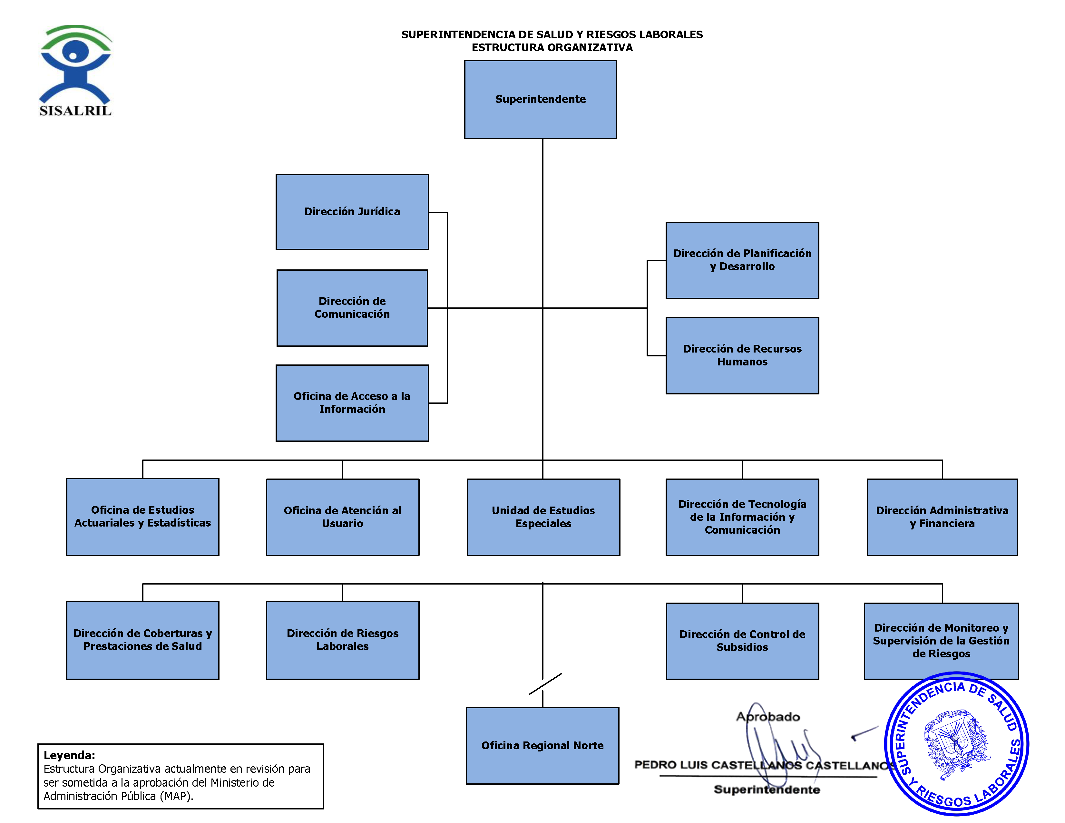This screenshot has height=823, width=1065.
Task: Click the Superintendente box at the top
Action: [540, 100]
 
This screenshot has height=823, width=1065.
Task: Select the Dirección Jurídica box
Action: [352, 212]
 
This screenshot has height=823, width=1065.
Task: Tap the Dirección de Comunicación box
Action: [352, 308]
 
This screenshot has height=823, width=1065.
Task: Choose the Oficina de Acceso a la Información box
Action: [352, 403]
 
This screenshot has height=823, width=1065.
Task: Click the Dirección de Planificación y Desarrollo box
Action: [742, 260]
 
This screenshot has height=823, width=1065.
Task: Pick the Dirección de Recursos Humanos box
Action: [742, 355]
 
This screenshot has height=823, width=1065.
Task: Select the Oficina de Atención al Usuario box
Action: [342, 517]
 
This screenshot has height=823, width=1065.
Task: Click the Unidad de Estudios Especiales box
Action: [543, 517]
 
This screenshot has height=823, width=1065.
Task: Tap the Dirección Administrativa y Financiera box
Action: [942, 517]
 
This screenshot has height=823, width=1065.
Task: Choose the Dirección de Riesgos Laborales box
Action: [342, 640]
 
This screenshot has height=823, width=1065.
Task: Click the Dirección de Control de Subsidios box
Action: [742, 641]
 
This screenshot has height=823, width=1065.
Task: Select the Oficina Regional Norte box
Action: [542, 745]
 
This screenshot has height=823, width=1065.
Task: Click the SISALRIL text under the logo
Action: [75, 111]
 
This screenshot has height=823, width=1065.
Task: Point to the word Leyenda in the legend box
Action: [69, 755]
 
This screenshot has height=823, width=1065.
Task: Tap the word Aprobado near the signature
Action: [768, 717]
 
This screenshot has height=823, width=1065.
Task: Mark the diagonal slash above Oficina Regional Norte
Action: [545, 683]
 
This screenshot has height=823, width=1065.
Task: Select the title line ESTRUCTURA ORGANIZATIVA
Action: [552, 48]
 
